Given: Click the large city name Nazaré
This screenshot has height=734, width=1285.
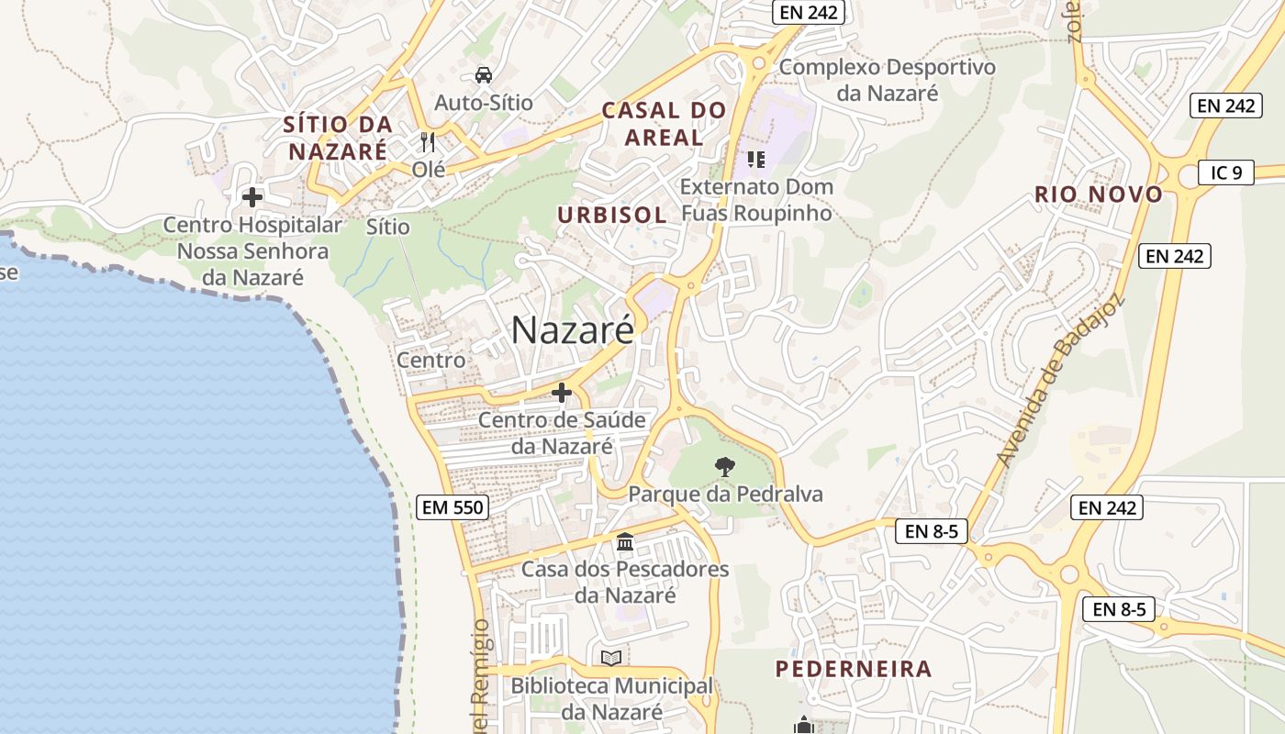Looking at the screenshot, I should (x=572, y=330).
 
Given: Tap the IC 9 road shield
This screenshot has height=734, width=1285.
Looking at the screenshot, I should (x=1225, y=172).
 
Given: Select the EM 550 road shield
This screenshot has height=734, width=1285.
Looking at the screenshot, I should (x=452, y=507).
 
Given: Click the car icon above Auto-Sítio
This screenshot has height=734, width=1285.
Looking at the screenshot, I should (x=483, y=75).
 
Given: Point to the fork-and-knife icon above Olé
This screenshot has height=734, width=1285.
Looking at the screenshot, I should (x=427, y=142).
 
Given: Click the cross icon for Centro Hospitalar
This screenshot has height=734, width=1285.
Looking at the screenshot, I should (x=251, y=197).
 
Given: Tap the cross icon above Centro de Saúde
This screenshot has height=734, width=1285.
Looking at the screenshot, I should (x=562, y=394).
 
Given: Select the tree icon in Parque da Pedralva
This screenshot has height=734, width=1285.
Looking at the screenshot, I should (x=725, y=467).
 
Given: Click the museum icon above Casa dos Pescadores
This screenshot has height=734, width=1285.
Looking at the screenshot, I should (x=625, y=542).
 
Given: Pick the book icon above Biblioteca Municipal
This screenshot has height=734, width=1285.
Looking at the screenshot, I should (x=611, y=658).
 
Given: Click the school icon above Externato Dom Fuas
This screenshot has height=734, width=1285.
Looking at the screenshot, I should (x=756, y=161).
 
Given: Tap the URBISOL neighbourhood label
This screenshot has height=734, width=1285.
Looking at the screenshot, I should (x=612, y=216).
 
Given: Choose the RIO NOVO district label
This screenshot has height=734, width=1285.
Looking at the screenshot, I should (x=1099, y=195).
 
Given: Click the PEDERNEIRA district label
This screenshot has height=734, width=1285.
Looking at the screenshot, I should (x=854, y=669).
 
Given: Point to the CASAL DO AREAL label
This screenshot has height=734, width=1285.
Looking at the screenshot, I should (x=664, y=125).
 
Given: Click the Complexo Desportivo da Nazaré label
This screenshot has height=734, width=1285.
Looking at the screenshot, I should (x=887, y=80).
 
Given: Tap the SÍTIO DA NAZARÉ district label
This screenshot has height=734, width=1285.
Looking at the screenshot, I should (x=338, y=138).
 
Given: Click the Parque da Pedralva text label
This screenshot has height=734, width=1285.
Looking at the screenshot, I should (x=725, y=495).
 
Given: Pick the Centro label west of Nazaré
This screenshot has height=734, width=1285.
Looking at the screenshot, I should (x=430, y=361).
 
